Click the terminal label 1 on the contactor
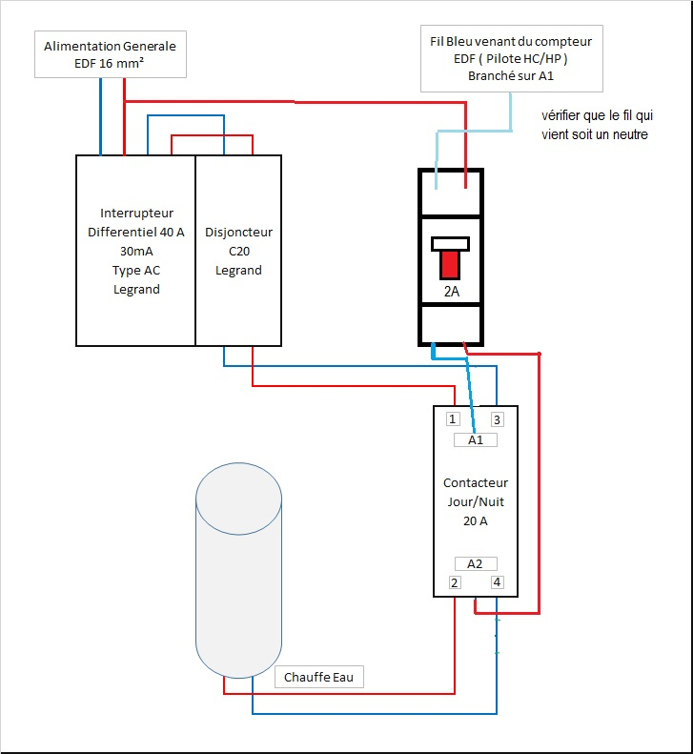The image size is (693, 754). point(454,419)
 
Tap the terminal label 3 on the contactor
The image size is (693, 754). point(498,419)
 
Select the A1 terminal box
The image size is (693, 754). point(476,440)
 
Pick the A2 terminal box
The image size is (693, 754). point(476,563)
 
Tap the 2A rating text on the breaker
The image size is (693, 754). point(451,292)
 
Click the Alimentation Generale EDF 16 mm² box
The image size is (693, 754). point(110,55)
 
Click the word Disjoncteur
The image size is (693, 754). point(238,232)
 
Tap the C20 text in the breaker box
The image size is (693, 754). point(238,251)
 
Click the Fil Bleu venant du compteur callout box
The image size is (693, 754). point(511,59)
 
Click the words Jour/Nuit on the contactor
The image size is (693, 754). point(476,502)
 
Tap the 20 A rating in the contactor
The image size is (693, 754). point(476,521)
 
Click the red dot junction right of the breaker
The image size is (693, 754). point(540,355)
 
